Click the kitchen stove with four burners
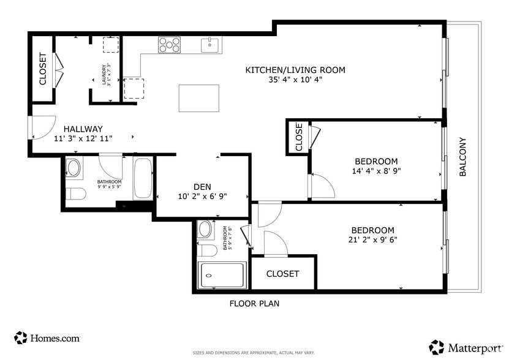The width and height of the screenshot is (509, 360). pos(170,45)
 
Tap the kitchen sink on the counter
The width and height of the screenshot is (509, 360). pos(210,45)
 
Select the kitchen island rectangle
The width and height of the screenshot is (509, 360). pos(198,98)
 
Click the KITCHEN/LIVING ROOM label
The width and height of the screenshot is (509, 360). pos(295,70)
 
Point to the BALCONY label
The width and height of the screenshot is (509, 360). pos(463,157)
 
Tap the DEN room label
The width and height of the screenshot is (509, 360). pos(202,187)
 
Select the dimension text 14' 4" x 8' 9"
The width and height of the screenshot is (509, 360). pos(377,171)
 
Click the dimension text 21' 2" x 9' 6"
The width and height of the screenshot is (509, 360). pos(372,239)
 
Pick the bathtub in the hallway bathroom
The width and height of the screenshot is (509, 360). pos(143,179)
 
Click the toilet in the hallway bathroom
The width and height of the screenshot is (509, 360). pos(76,195)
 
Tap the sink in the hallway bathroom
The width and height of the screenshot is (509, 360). pos(74,168)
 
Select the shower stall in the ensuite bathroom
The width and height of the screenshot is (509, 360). pos(221,275)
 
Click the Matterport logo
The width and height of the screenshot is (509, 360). pos(467,348)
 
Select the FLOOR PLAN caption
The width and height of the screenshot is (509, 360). pos(254,303)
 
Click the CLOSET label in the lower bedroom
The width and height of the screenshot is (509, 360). pos(282,274)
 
